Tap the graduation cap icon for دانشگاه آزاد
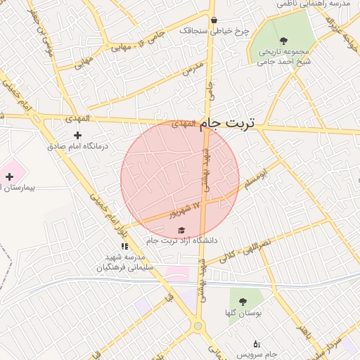(x=181, y=230)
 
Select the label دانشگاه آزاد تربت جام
(x=182, y=240)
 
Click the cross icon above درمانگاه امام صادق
(x=77, y=135)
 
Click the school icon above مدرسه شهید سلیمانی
(x=124, y=247)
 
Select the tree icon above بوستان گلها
(x=243, y=301)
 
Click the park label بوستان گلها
(x=243, y=313)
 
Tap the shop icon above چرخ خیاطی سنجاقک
(x=214, y=20)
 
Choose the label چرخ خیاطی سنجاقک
(x=214, y=31)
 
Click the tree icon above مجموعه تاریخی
(x=283, y=41)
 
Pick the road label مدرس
(x=193, y=68)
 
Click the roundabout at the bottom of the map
(x=198, y=326)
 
